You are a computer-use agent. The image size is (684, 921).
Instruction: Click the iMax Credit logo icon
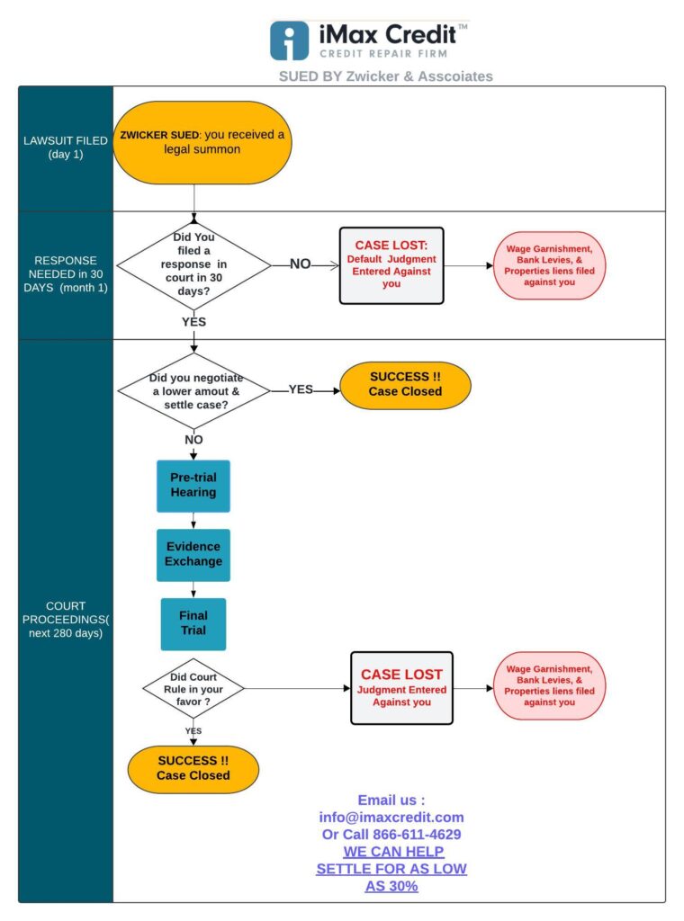289,40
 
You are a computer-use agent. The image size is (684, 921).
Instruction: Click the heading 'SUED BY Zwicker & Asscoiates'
385,76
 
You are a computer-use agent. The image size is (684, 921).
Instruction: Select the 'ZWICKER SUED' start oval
202,142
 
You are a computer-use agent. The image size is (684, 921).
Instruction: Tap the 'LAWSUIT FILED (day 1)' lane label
66,148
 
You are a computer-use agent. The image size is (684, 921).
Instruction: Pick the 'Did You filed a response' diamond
193,265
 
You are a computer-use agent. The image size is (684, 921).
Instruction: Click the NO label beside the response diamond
301,264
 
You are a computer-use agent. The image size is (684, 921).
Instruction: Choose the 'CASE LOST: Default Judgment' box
391,265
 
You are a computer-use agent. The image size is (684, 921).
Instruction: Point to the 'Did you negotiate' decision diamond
193,391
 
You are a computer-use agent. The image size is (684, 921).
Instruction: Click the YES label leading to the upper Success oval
301,389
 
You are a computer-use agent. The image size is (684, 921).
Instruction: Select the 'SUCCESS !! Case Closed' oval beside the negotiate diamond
406,385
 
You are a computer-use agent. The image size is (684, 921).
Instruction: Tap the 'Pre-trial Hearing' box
193,486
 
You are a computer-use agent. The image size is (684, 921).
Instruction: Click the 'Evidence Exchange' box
193,555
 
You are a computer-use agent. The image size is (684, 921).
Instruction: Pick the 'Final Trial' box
193,624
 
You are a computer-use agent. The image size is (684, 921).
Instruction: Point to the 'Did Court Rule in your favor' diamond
193,688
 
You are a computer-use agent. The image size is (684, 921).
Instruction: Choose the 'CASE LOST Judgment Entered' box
402,688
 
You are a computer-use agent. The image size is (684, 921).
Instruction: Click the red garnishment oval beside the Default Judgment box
549,265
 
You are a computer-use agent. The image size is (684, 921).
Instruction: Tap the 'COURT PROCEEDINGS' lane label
66,619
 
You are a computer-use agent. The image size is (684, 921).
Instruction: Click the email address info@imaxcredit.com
391,817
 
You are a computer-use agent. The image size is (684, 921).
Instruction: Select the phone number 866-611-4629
417,834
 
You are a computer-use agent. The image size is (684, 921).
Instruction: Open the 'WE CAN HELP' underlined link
393,852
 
